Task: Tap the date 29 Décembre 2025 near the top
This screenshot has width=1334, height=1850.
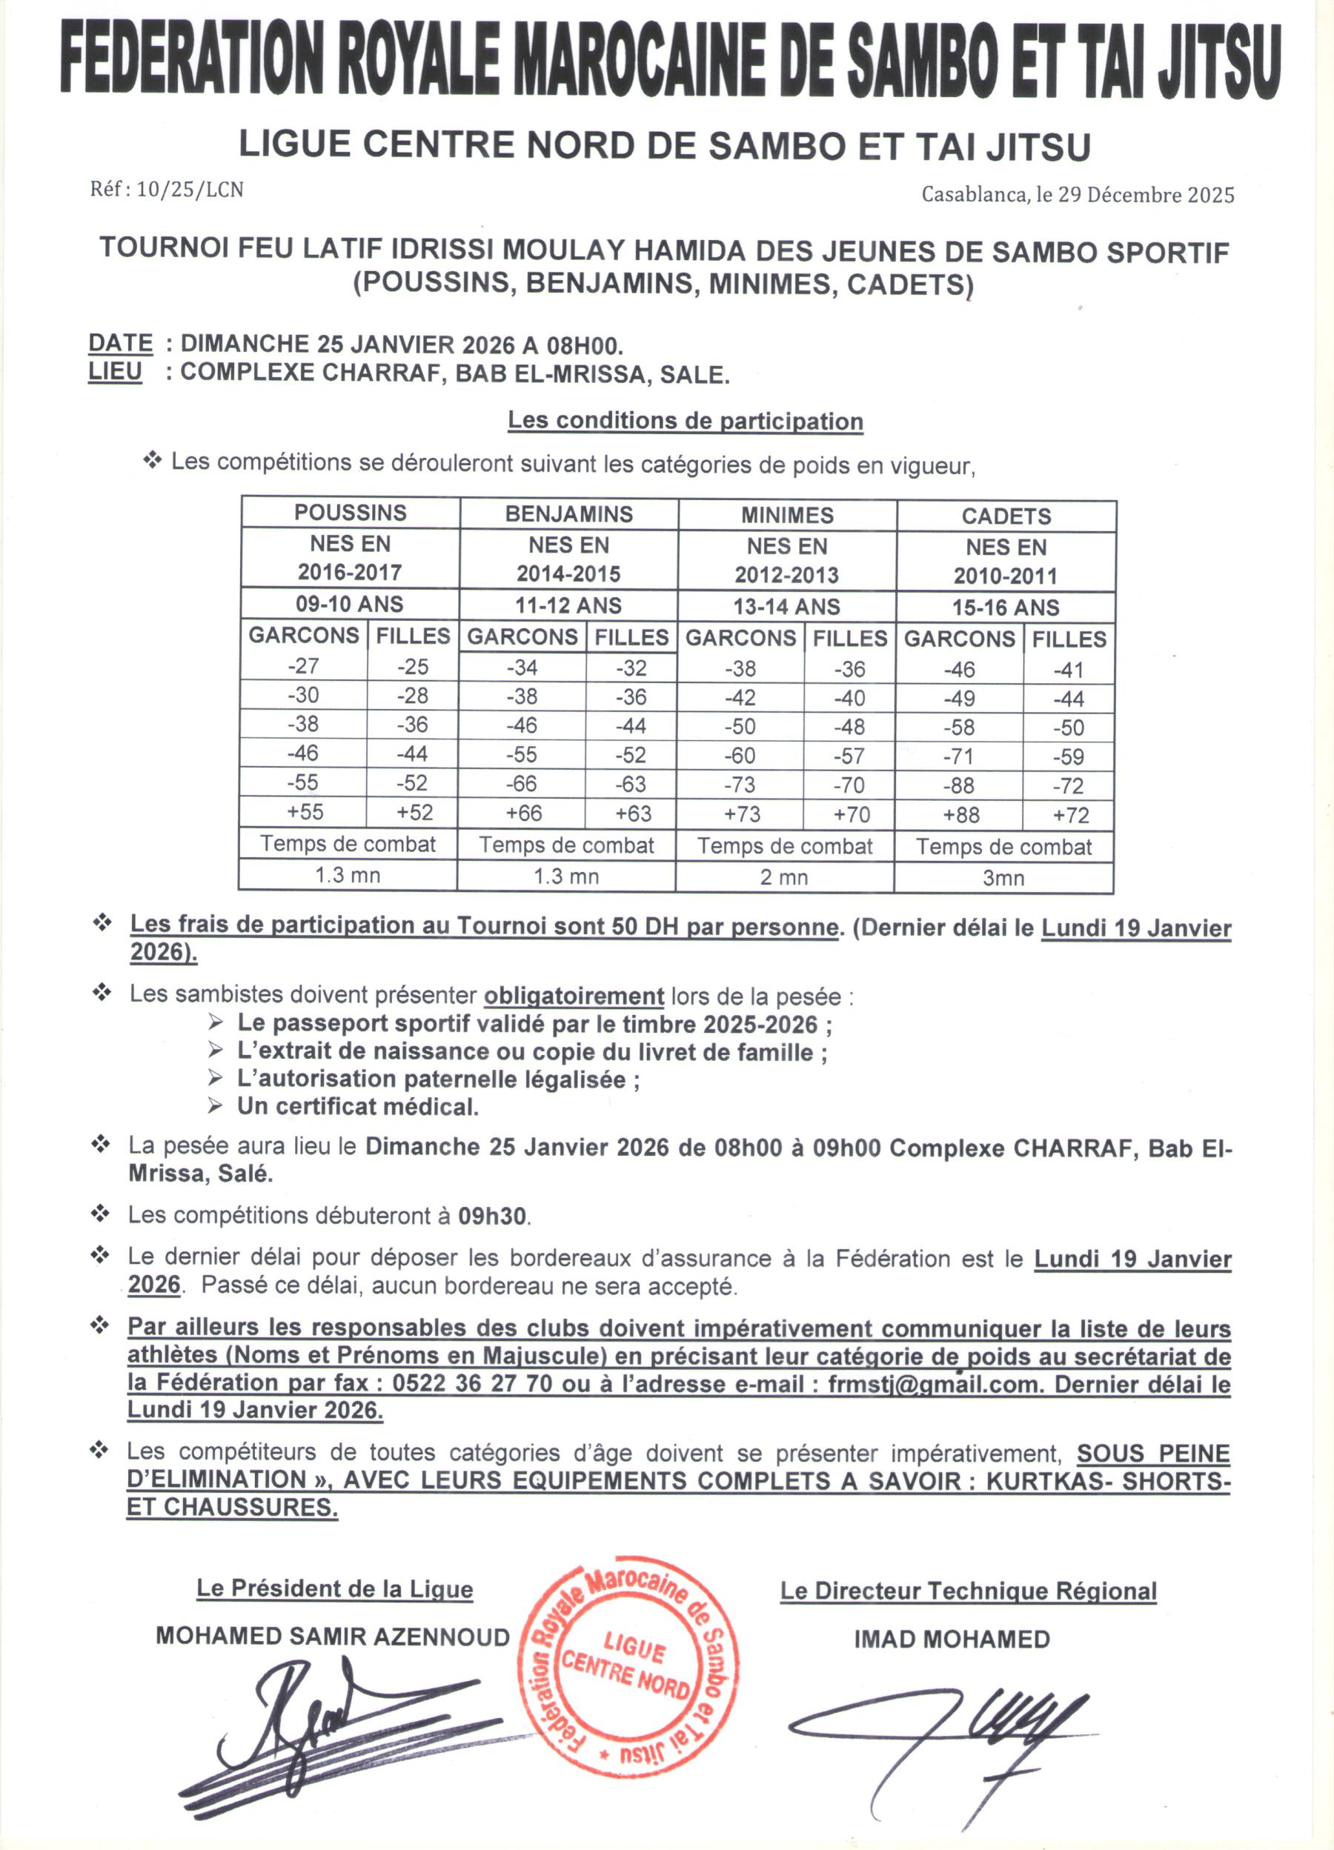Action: (x=1146, y=195)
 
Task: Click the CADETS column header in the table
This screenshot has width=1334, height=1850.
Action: (x=1006, y=516)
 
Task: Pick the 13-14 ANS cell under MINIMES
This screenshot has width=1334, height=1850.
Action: (x=786, y=607)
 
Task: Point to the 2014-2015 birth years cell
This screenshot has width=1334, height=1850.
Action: (x=568, y=574)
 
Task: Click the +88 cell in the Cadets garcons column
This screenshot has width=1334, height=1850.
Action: (x=960, y=815)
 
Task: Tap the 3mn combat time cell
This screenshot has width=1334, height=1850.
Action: (x=1003, y=879)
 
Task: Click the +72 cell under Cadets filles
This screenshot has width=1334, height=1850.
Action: (x=1069, y=815)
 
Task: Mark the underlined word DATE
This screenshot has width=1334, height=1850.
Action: (x=121, y=344)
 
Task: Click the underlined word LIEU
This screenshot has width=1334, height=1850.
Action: (x=115, y=372)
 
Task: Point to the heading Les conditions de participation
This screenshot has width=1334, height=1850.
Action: (x=686, y=422)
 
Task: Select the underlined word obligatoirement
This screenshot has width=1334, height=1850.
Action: (x=574, y=996)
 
